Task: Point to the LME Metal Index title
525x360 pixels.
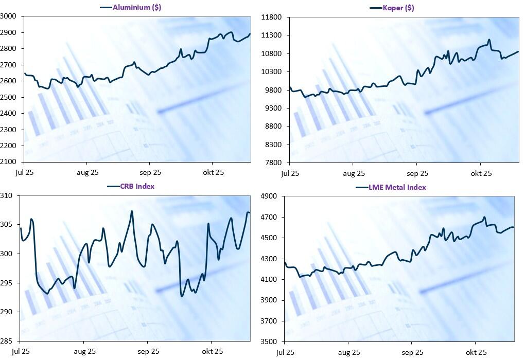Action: (x=397, y=187)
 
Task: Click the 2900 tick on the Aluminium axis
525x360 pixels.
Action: (x=9, y=32)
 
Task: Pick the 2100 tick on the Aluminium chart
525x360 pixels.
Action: (x=9, y=162)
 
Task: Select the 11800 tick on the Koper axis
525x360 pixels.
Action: (x=272, y=17)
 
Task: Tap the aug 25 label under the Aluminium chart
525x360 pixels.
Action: (x=88, y=173)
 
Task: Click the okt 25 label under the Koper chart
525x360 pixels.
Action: (x=481, y=174)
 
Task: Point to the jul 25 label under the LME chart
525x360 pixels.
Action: (x=285, y=352)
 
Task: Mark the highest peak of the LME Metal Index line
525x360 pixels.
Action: (x=484, y=217)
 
